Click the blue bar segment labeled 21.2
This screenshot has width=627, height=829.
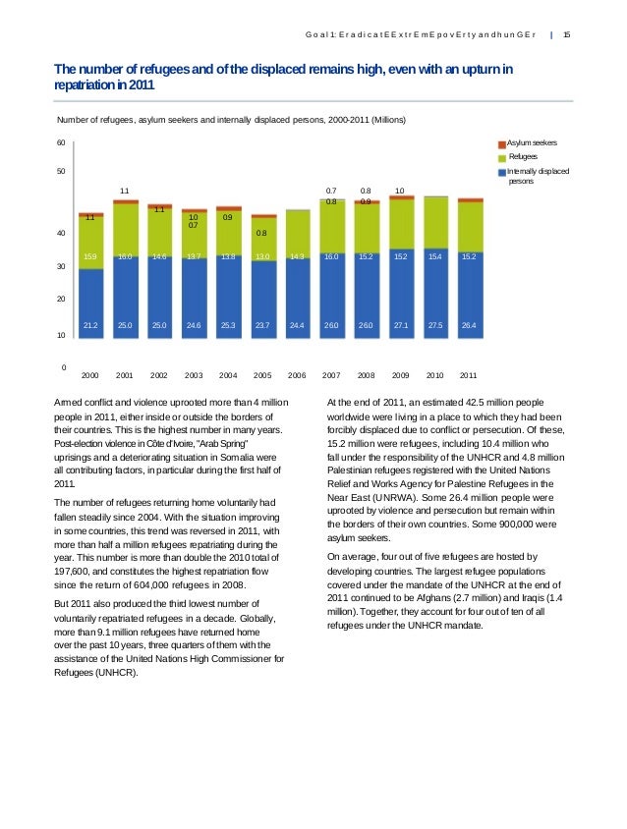click(90, 314)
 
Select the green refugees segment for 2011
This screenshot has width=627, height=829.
click(470, 226)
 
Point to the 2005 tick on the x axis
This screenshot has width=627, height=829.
click(262, 375)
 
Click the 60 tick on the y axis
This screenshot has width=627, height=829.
click(62, 143)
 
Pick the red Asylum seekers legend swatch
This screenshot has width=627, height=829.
click(501, 143)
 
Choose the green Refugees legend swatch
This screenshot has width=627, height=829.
click(501, 157)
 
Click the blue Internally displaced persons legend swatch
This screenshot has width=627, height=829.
click(501, 171)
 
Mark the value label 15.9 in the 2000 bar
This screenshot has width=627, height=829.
click(90, 256)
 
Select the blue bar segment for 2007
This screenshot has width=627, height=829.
click(332, 304)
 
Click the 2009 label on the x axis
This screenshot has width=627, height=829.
click(401, 375)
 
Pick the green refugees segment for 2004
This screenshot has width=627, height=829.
click(228, 233)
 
